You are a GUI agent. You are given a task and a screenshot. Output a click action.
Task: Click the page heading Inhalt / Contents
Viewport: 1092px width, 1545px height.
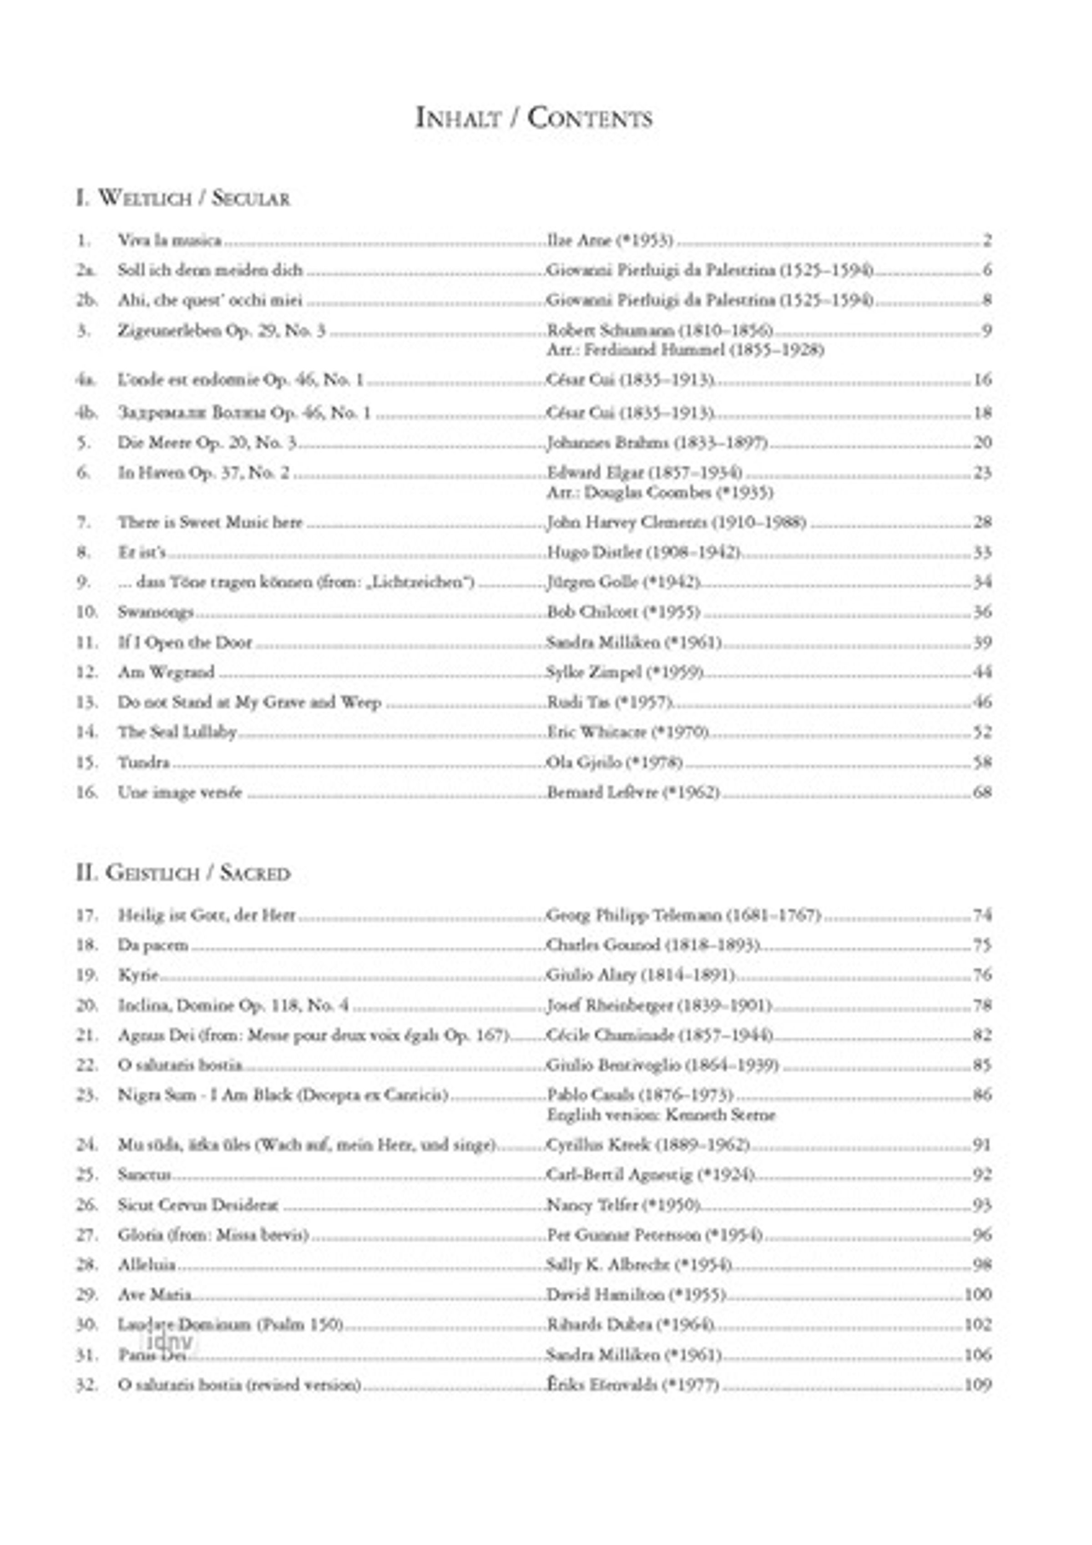tap(534, 118)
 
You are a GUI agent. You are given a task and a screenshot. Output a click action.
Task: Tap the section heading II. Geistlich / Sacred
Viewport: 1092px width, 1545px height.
tap(183, 873)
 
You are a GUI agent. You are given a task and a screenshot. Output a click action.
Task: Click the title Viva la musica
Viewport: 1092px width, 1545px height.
tap(170, 240)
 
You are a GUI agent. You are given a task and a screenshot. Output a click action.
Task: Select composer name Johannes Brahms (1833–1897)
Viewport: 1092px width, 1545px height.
tap(657, 443)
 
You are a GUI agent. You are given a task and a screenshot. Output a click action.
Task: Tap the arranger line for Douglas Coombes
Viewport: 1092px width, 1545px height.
tap(659, 493)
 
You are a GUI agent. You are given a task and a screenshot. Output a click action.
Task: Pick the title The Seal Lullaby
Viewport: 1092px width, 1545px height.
tap(177, 732)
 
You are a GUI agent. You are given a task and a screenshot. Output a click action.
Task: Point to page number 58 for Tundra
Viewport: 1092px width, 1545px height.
tap(981, 762)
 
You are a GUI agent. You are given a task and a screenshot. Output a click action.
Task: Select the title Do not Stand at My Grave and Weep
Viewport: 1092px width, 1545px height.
tap(249, 702)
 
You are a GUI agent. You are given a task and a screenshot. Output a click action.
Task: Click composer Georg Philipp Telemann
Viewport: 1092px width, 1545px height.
tap(683, 915)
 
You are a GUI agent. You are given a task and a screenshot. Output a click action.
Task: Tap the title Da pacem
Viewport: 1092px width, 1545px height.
tap(153, 945)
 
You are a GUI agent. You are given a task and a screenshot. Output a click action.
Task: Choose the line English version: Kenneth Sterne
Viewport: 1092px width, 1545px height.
tap(661, 1115)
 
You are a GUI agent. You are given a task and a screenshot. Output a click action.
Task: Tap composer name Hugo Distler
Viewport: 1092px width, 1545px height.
tap(643, 552)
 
